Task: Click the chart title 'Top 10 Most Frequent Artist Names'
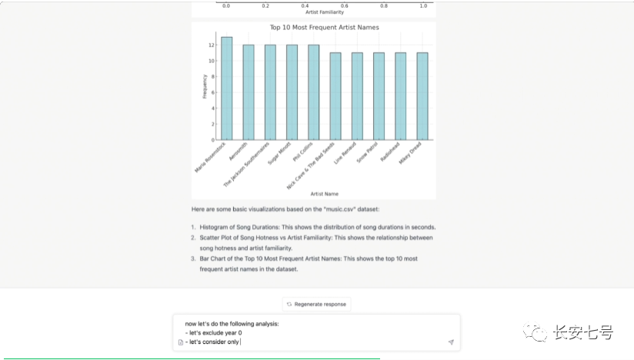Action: coord(324,28)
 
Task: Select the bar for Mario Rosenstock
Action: coord(226,88)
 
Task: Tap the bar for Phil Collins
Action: coord(313,92)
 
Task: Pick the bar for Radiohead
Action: coord(400,96)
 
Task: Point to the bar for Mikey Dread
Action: coord(422,96)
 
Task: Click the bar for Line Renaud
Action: coord(357,96)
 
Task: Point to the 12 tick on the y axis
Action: coord(210,45)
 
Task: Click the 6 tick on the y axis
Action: coord(212,92)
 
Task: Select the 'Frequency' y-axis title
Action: coord(204,86)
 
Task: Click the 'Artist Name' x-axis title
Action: coord(324,194)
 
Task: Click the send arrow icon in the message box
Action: coord(451,342)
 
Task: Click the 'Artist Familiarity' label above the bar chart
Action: coord(324,12)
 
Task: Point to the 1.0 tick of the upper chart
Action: coord(423,5)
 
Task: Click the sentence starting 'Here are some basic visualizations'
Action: coord(296,209)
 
